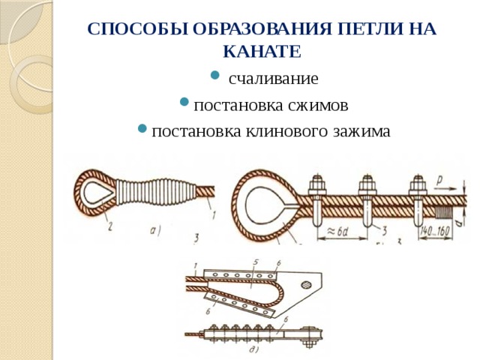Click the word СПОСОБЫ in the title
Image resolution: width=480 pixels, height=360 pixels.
pyautogui.click(x=137, y=29)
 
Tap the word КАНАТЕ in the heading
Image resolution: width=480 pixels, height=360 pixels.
pyautogui.click(x=262, y=52)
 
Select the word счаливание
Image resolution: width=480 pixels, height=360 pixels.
pyautogui.click(x=273, y=79)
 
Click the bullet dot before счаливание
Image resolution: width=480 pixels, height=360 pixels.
pyautogui.click(x=215, y=75)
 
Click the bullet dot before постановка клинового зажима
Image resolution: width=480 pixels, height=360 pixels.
pyautogui.click(x=142, y=128)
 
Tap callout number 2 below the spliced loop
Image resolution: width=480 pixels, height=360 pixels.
pyautogui.click(x=110, y=226)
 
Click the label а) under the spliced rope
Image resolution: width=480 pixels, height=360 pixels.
pyautogui.click(x=155, y=230)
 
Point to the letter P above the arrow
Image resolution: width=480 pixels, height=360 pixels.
pyautogui.click(x=439, y=181)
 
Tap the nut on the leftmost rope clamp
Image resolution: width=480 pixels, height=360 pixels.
pyautogui.click(x=318, y=184)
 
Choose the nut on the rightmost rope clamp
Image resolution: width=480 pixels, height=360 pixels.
pyautogui.click(x=417, y=184)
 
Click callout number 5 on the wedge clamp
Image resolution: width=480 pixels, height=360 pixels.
pyautogui.click(x=256, y=262)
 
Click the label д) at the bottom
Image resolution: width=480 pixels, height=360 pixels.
pyautogui.click(x=253, y=349)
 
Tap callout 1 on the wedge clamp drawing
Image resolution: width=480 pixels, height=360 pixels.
pyautogui.click(x=196, y=267)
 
